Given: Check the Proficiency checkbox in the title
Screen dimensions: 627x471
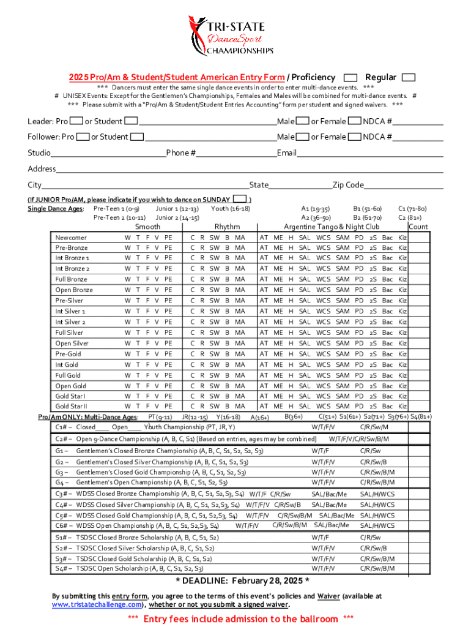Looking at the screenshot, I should click(350, 78).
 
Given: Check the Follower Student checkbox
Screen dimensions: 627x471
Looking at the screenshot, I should click(138, 137).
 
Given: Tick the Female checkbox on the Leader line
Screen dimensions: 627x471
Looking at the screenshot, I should click(354, 121).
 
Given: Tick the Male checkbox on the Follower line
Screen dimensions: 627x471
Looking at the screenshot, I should click(302, 137).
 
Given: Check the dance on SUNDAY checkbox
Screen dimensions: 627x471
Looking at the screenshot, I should click(241, 199).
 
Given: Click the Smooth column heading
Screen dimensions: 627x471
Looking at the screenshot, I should click(147, 227).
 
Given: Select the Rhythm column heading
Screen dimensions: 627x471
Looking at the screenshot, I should click(227, 227).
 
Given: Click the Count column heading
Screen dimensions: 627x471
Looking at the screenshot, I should click(418, 227).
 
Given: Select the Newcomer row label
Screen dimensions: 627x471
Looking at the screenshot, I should click(71, 238).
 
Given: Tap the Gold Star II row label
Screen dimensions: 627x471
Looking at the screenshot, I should click(72, 406).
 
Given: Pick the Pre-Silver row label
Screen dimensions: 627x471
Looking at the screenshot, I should click(69, 301).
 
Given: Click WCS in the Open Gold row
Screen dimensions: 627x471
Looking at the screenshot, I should click(323, 386).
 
